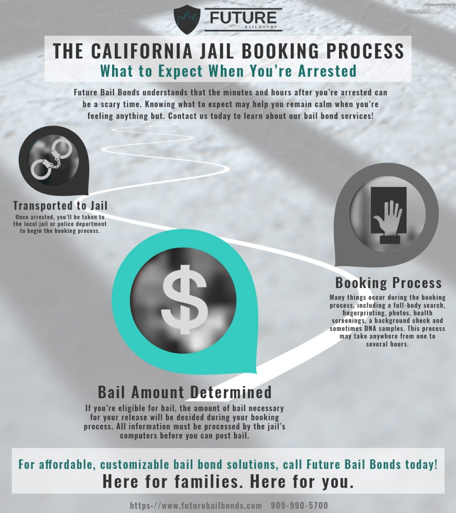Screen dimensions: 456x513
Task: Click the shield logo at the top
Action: point(187,19)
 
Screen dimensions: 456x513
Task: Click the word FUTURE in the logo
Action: point(243,18)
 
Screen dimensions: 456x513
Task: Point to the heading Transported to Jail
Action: point(60,206)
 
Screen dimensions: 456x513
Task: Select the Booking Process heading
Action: point(388,283)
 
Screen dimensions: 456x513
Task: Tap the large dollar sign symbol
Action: point(185,299)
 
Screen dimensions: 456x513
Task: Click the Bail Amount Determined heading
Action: point(185,392)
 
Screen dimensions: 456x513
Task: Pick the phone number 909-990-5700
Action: point(299,505)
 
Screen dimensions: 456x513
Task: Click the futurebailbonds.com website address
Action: point(196,505)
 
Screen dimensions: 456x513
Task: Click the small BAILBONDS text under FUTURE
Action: point(261,27)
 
